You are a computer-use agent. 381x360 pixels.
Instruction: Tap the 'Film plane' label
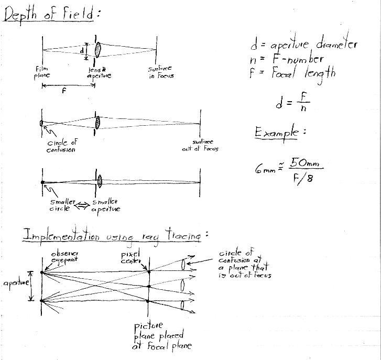point(42,72)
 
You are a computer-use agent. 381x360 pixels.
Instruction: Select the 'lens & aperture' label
point(99,72)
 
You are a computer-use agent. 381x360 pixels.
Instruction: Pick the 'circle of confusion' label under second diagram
point(61,146)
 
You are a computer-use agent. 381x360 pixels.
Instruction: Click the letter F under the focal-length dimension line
point(64,90)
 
